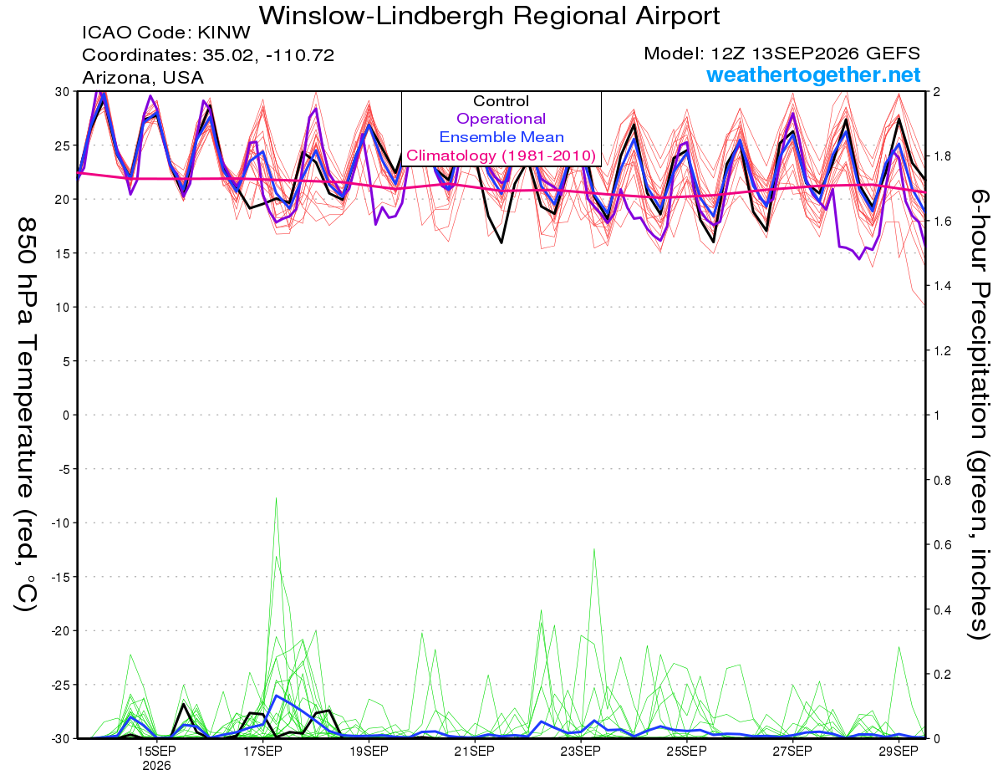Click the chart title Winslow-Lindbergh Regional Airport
click(x=489, y=16)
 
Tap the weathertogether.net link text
click(x=813, y=74)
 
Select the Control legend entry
click(x=501, y=101)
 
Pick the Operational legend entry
click(x=501, y=119)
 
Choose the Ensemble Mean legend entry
click(x=501, y=137)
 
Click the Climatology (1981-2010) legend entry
click(x=501, y=156)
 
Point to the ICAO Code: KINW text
click(x=166, y=33)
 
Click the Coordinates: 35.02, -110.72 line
click(x=208, y=55)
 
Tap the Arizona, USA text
click(x=143, y=78)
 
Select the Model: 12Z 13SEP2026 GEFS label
click(x=782, y=54)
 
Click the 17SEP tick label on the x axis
click(x=262, y=752)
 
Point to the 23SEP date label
click(x=581, y=752)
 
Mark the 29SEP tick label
click(x=899, y=752)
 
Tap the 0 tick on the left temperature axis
click(x=66, y=416)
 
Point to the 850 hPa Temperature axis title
click(x=26, y=415)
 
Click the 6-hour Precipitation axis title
click(x=978, y=415)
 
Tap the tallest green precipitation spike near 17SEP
click(x=276, y=498)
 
